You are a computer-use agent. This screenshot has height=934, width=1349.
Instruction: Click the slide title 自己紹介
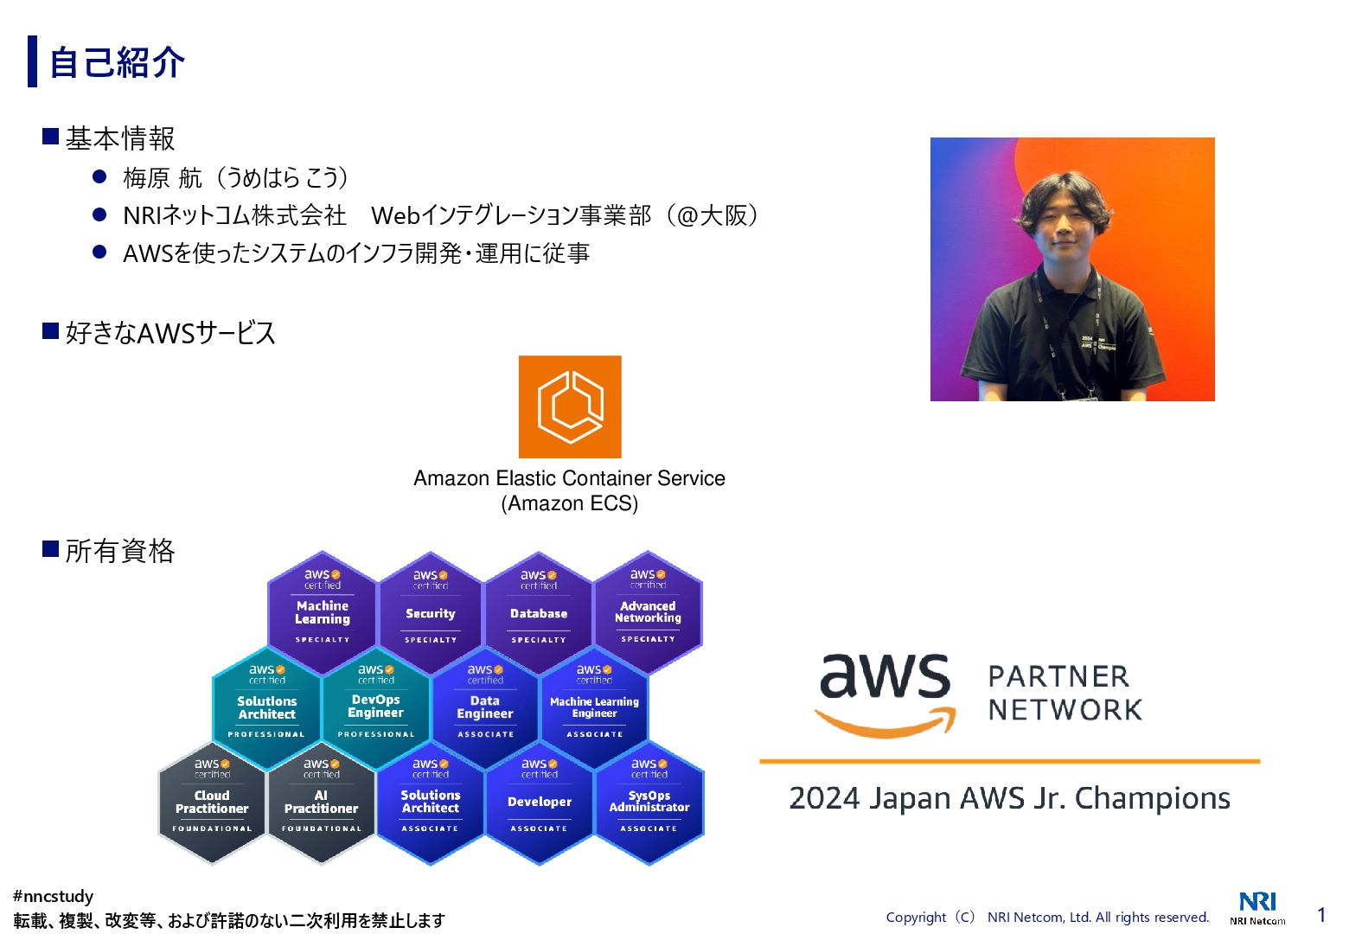(x=117, y=62)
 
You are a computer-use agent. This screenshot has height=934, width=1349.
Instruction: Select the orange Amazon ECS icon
(x=570, y=406)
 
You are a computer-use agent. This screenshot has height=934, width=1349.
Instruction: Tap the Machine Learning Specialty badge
(x=323, y=612)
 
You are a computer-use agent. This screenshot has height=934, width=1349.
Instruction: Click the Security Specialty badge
(x=430, y=612)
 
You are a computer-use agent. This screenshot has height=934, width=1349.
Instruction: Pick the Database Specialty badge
(x=539, y=612)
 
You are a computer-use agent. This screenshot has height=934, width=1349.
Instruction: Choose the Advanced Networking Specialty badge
(x=648, y=612)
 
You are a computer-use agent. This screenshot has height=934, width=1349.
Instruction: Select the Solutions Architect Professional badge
(x=267, y=707)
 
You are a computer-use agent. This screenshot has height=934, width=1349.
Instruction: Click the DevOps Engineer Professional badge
(x=376, y=707)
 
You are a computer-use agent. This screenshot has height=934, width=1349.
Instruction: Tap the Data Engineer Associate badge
(x=485, y=707)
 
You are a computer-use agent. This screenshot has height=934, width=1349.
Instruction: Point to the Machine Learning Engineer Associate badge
(x=594, y=707)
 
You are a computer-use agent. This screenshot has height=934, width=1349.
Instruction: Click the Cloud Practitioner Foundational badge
(x=212, y=802)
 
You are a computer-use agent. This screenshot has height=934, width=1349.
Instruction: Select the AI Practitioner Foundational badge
(x=321, y=802)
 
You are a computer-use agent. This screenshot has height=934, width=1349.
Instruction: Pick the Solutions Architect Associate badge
(x=430, y=802)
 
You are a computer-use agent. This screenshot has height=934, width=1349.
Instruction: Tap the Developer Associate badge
(x=540, y=802)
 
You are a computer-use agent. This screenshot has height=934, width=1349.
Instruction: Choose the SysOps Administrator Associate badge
(x=649, y=802)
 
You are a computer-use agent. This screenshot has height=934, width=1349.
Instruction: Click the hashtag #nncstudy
(x=54, y=897)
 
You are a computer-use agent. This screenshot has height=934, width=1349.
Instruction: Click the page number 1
(x=1321, y=915)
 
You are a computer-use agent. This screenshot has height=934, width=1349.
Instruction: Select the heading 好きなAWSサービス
(x=169, y=333)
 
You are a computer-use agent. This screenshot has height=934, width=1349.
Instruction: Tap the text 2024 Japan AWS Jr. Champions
(x=1009, y=798)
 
